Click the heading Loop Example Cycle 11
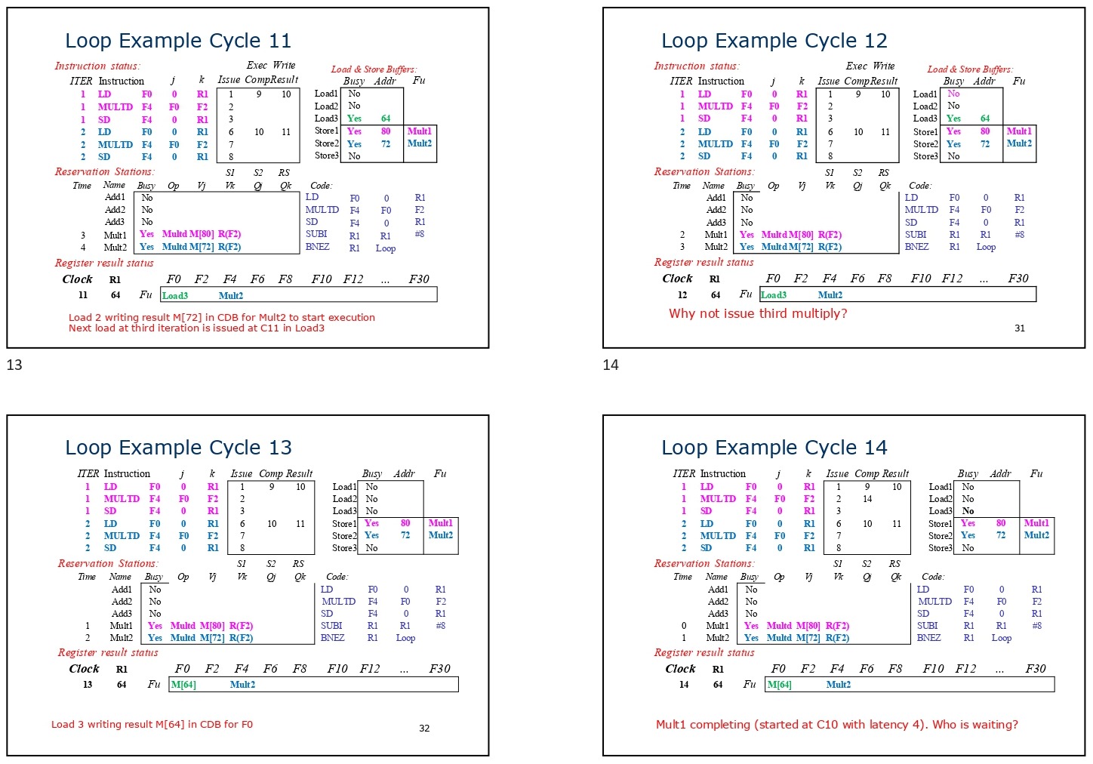(178, 41)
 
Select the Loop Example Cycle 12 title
(774, 41)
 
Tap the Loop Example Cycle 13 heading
(178, 448)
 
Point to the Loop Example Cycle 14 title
(774, 448)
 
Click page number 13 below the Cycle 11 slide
(14, 365)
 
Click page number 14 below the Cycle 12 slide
(611, 365)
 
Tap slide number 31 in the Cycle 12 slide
(1020, 328)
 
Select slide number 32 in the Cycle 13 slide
(424, 729)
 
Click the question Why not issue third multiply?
(758, 313)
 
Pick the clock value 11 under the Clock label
(83, 295)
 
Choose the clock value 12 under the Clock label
(682, 295)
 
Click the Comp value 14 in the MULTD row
(867, 499)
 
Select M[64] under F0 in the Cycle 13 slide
(183, 685)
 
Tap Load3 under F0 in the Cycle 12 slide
(774, 295)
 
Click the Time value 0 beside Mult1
(684, 626)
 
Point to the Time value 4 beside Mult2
(83, 247)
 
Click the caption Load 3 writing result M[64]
(152, 725)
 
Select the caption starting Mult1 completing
(836, 725)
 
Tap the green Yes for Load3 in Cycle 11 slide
(354, 119)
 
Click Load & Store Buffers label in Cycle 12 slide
(970, 69)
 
